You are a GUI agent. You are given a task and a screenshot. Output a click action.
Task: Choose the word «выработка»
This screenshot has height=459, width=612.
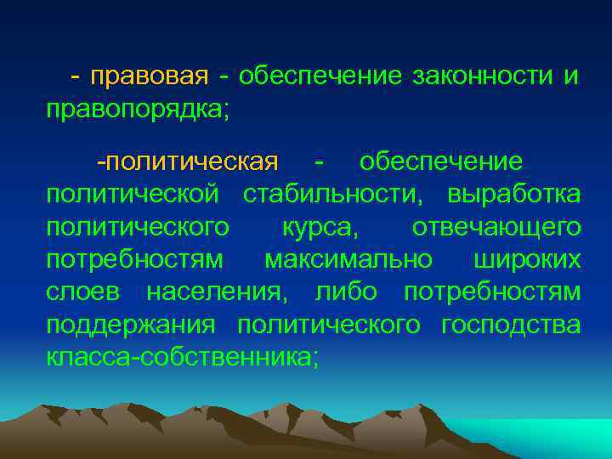515,195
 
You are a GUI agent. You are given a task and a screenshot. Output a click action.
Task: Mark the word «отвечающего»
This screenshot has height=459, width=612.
496,227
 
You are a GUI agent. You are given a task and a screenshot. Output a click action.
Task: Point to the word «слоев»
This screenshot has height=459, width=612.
83,292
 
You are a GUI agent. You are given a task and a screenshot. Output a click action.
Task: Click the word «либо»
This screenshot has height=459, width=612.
347,292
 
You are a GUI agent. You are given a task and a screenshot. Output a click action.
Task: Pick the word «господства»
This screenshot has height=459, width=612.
512,325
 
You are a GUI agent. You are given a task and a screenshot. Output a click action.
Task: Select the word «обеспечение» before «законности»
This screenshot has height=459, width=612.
320,77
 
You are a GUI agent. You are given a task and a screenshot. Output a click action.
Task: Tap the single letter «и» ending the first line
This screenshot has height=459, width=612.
570,77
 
